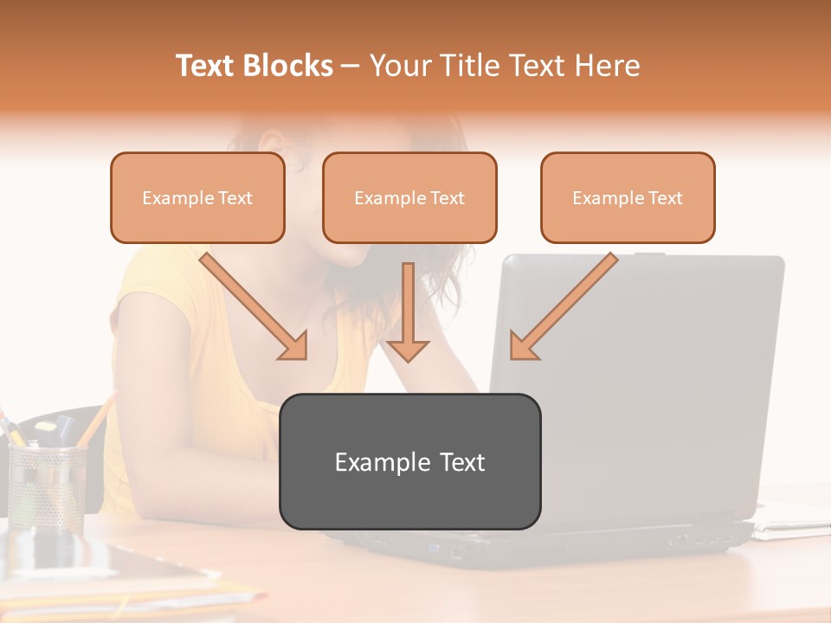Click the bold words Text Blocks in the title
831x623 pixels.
click(254, 66)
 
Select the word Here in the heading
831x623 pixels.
click(609, 66)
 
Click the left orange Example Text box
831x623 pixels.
click(197, 198)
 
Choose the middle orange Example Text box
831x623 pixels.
click(409, 198)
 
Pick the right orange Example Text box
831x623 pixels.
click(628, 198)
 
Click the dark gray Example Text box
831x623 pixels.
click(409, 462)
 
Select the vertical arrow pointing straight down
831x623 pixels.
click(408, 311)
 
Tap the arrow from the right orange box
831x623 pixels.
click(563, 305)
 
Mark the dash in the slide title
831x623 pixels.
click(351, 66)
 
